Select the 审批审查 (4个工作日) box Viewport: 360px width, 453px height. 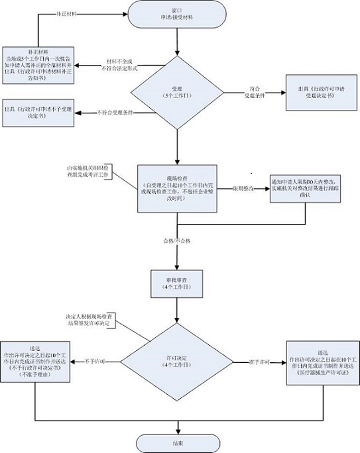click(176, 284)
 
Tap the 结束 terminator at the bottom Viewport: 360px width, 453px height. click(176, 442)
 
